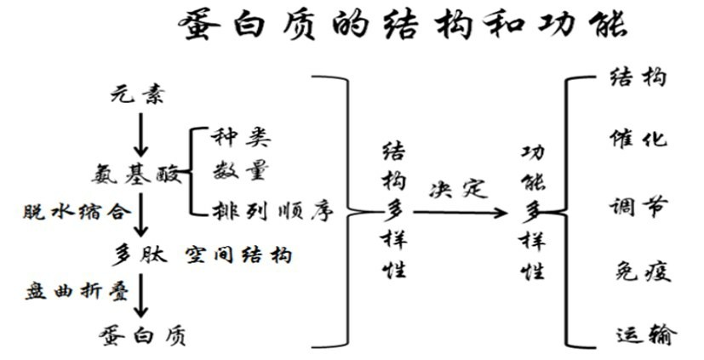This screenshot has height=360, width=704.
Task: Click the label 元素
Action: (136, 94)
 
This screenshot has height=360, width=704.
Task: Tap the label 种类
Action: (243, 135)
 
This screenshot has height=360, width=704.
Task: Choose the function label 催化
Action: (638, 140)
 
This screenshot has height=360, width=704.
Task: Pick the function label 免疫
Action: (642, 271)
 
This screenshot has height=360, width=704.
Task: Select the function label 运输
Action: (644, 334)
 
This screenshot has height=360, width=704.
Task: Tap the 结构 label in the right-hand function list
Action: (638, 78)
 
